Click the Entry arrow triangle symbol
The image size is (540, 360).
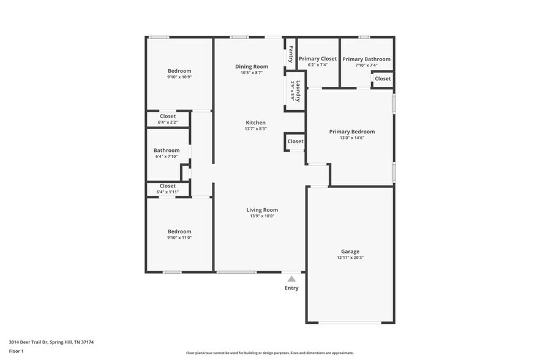pos(291,279)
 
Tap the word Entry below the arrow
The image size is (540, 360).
pos(291,288)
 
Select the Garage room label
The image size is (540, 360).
pos(350,251)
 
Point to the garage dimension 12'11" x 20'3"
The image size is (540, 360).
pos(350,258)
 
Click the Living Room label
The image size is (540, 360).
pos(262,210)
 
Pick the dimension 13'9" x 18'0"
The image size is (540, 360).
pos(262,216)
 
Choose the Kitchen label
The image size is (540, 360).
pos(255,122)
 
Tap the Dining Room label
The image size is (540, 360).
pos(252,66)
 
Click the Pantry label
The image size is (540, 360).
pos(291,54)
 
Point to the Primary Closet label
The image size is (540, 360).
pos(318,59)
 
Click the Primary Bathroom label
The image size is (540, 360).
pos(366,59)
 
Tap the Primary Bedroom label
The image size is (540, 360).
pos(351,132)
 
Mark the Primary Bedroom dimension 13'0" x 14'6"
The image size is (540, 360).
pos(351,138)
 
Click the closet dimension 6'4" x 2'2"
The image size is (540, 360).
pos(167,122)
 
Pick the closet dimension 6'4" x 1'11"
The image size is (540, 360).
pos(167,192)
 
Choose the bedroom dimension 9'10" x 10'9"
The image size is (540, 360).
pos(179,77)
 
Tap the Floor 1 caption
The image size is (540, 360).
pos(17,351)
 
